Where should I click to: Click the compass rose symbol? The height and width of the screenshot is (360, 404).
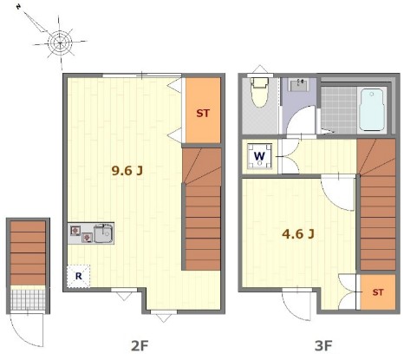(x=60, y=43)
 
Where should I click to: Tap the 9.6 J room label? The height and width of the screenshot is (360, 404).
(x=127, y=171)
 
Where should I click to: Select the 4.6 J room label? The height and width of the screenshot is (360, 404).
(x=298, y=233)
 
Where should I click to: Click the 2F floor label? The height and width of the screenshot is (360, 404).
(x=140, y=346)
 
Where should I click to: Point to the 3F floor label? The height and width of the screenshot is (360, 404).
(x=323, y=346)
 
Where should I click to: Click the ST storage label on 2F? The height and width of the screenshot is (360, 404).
(x=203, y=114)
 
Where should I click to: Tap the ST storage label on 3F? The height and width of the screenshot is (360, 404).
(x=378, y=292)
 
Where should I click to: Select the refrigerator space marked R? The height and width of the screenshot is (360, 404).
(x=78, y=276)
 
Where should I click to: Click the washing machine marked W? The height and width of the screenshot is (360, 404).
(x=259, y=156)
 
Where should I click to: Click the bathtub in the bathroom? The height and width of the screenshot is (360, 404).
(x=372, y=110)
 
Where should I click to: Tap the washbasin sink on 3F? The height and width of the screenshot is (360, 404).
(x=299, y=85)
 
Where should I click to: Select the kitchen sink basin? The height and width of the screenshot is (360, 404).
(x=103, y=233)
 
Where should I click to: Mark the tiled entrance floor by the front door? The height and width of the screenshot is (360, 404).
(x=28, y=299)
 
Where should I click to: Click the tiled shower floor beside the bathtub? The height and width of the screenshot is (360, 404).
(x=339, y=110)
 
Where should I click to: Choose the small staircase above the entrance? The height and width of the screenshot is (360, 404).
(x=28, y=253)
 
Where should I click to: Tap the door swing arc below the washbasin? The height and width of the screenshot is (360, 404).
(x=301, y=120)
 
